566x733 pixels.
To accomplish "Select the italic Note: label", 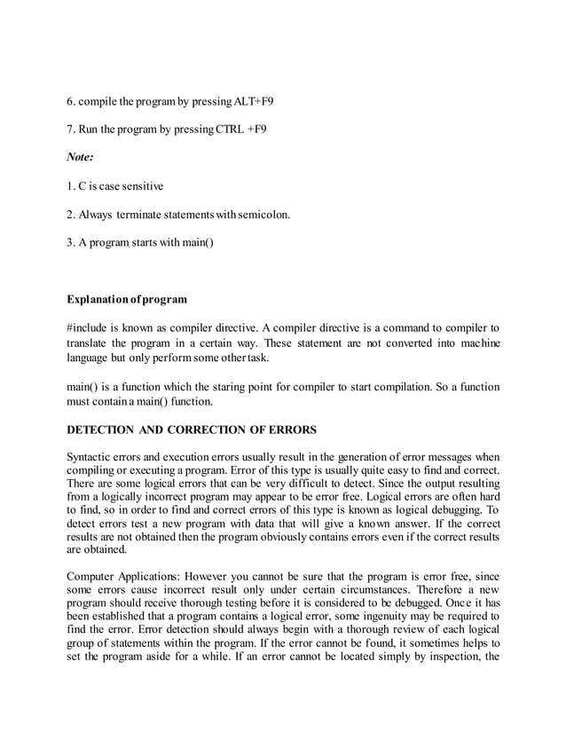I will point(81,158).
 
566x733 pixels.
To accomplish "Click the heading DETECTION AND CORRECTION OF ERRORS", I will point(192,430).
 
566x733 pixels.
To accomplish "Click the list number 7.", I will point(71,130).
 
